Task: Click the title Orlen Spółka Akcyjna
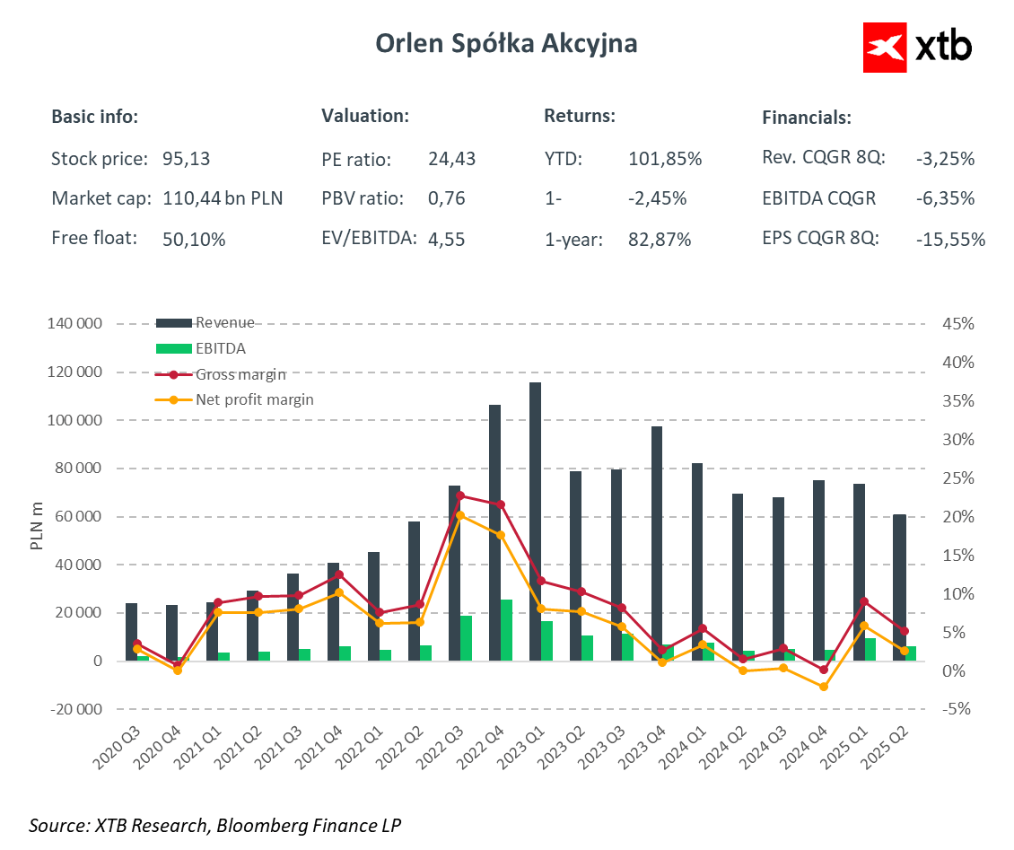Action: pyautogui.click(x=506, y=44)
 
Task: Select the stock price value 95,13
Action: pyautogui.click(x=186, y=160)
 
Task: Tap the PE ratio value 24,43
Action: pyautogui.click(x=452, y=160)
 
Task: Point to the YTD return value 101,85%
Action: pyautogui.click(x=665, y=160)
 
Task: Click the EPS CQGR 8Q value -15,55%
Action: pyautogui.click(x=950, y=240)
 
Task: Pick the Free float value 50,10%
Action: pyautogui.click(x=194, y=240)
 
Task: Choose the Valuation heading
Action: pyautogui.click(x=365, y=117)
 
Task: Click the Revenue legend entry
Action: pyautogui.click(x=224, y=323)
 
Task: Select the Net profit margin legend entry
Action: pyautogui.click(x=254, y=399)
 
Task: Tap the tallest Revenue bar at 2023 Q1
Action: pyautogui.click(x=535, y=521)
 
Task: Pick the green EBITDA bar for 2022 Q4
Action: pyautogui.click(x=507, y=630)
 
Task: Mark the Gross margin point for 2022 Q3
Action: pyautogui.click(x=460, y=495)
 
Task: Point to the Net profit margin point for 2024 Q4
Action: pyautogui.click(x=823, y=687)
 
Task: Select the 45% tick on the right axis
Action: pyautogui.click(x=954, y=324)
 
